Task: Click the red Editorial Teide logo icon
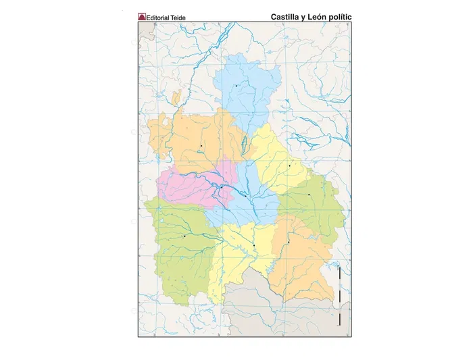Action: [142, 16]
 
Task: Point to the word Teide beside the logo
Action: [177, 17]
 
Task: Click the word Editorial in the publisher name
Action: [158, 17]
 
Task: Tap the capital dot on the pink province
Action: [221, 187]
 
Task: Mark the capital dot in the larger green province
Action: [184, 236]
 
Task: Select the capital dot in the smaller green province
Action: [309, 195]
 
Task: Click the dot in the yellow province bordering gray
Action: [253, 245]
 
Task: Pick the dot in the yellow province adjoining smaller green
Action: [289, 165]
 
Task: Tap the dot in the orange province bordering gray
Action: [288, 242]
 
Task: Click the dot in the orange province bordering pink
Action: [201, 145]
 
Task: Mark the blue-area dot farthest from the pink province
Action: [236, 86]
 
